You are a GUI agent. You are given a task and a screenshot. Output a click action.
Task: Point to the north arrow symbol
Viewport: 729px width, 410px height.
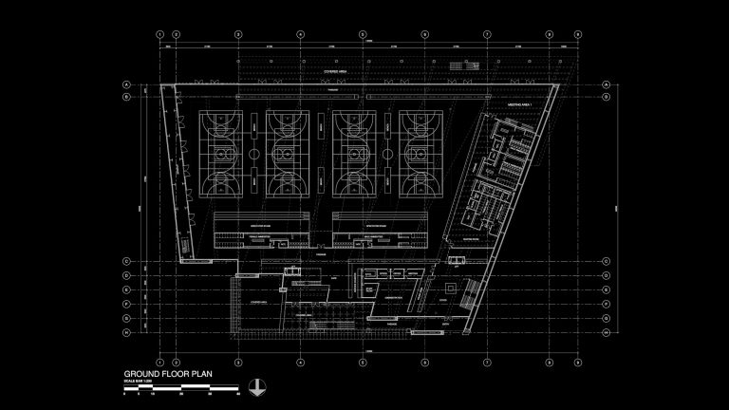pos(255,386)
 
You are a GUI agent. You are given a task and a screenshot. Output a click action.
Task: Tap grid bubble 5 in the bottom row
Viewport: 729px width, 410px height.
pos(363,362)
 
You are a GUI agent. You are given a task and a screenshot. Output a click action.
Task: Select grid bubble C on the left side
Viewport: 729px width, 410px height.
pos(124,261)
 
